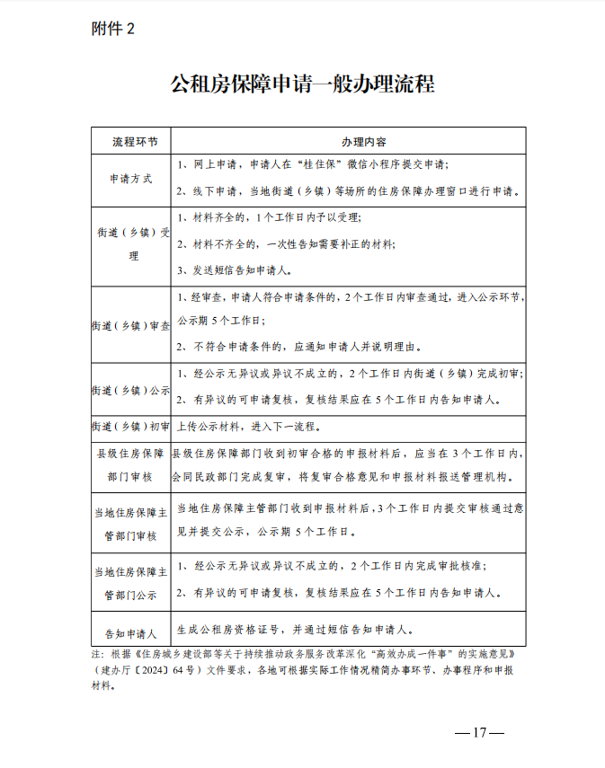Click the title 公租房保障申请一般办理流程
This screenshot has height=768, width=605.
302,85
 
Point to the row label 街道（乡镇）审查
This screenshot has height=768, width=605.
131,325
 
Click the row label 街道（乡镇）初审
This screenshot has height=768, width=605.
131,427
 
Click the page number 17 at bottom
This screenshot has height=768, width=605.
479,732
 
